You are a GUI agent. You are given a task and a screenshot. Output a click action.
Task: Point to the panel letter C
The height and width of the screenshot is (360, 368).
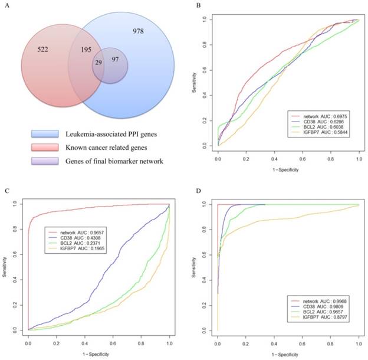click(6, 192)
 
